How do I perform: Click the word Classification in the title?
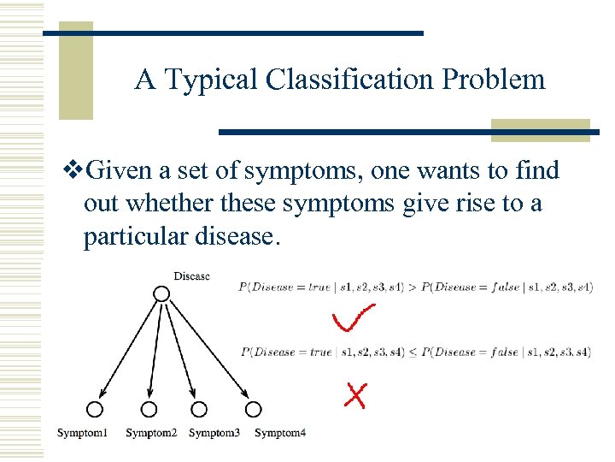tap(348, 80)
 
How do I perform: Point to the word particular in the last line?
tap(137, 237)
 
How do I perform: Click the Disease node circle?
tap(161, 293)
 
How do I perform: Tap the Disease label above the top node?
tap(191, 275)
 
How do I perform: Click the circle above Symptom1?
tap(94, 409)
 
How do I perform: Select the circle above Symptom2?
tap(149, 409)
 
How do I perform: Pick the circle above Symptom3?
tap(199, 409)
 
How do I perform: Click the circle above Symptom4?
tap(253, 409)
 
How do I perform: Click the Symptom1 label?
tap(83, 433)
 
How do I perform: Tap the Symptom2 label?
tap(151, 433)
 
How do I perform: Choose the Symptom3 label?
tap(214, 433)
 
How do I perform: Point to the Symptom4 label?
tap(280, 433)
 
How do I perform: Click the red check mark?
tap(352, 318)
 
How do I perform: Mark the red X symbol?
tap(355, 394)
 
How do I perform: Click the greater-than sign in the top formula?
tap(414, 287)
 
